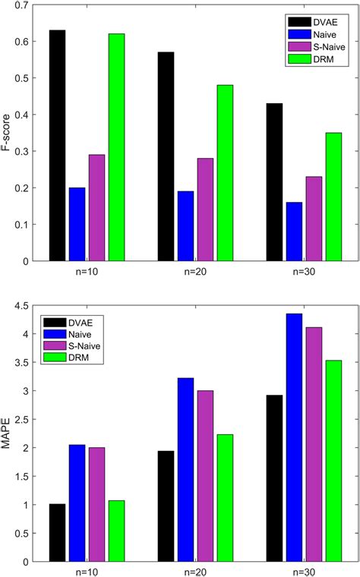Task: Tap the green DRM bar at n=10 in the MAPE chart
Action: [x=117, y=531]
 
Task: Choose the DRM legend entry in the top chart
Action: [x=308, y=60]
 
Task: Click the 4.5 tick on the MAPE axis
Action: [x=24, y=306]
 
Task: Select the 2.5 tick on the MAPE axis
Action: [x=24, y=420]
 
